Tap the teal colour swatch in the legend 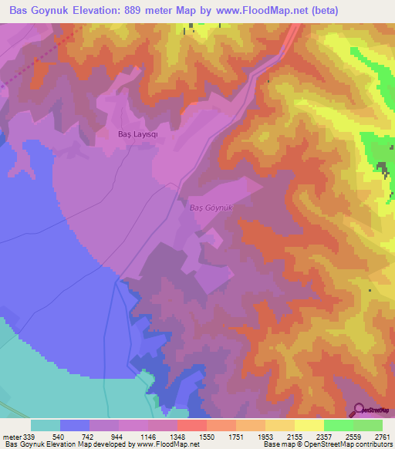coord(46,425)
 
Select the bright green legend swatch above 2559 coord(339,425)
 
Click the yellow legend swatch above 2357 coord(309,425)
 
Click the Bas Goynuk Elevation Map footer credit coord(100,444)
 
